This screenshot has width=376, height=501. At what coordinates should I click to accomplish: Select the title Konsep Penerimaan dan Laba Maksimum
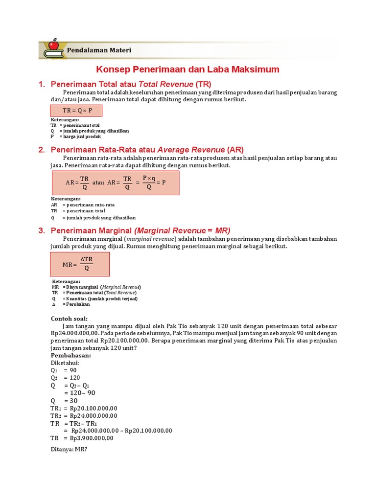pyautogui.click(x=188, y=69)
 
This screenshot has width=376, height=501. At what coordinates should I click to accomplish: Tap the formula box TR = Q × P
pyautogui.click(x=77, y=111)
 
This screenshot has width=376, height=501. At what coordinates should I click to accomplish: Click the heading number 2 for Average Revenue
pyautogui.click(x=42, y=150)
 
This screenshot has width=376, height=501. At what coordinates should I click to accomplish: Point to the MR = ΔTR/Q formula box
pyautogui.click(x=80, y=265)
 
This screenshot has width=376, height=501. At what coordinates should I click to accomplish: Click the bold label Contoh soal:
pyautogui.click(x=69, y=319)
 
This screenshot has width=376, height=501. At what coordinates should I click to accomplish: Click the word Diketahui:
pyautogui.click(x=65, y=363)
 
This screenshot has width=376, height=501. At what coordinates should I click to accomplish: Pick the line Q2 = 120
pyautogui.click(x=65, y=378)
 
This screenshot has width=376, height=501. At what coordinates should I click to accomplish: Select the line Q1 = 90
pyautogui.click(x=64, y=370)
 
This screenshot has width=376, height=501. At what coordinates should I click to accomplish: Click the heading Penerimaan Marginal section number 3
pyautogui.click(x=42, y=230)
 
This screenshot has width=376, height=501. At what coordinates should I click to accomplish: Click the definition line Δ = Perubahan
pyautogui.click(x=70, y=304)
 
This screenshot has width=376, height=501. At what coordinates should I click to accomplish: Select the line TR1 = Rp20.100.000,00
pyautogui.click(x=84, y=408)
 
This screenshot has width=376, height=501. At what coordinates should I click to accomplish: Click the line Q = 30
pyautogui.click(x=64, y=401)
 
